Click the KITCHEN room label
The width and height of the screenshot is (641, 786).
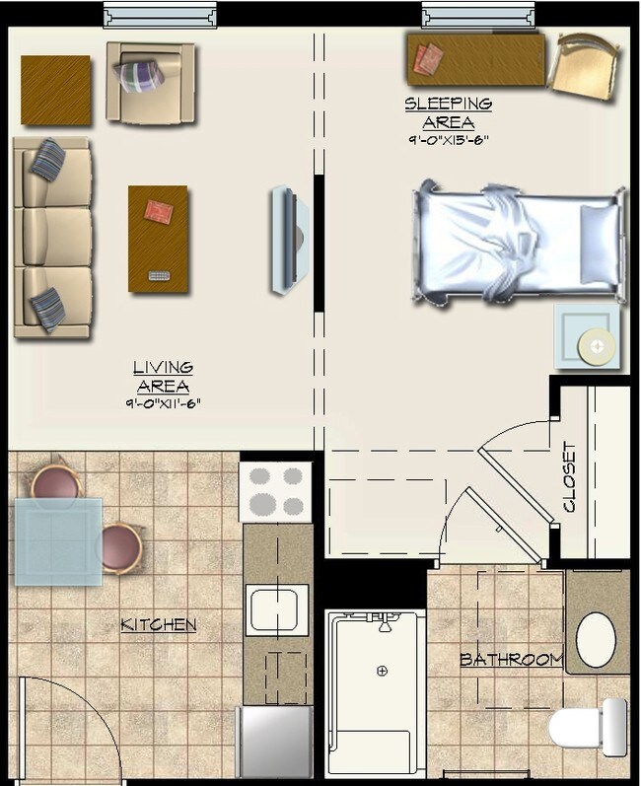[x=158, y=624]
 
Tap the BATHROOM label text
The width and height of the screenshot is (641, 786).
[x=511, y=659]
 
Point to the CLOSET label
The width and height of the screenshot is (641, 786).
[x=569, y=477]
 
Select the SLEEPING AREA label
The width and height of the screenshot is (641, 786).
[x=449, y=113]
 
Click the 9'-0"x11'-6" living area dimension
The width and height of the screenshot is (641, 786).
[x=164, y=404]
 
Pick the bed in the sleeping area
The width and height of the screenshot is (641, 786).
[x=519, y=240]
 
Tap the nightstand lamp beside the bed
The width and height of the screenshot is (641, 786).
[x=595, y=345]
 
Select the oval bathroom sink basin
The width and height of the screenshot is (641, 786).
[x=596, y=640]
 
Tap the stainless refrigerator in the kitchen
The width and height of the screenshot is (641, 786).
[x=276, y=742]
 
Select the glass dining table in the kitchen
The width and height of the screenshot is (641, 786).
[x=57, y=541]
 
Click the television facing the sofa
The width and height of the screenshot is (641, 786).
[x=287, y=241]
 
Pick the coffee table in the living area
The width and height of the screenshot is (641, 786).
[x=158, y=239]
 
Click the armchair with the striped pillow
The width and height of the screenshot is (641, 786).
[x=151, y=83]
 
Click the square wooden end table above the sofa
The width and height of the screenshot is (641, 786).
[x=55, y=90]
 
